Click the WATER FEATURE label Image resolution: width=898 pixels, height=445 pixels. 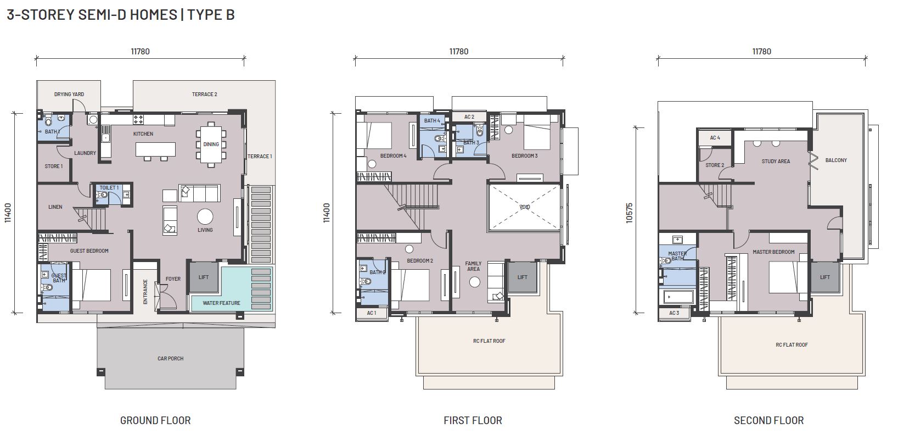pos(221,303)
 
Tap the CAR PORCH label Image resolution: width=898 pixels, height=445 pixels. pos(170,358)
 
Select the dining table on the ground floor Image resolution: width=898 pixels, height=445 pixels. pos(211,144)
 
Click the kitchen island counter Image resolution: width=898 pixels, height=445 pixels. pos(155,149)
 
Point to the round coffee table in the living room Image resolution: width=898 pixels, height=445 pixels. pos(205,216)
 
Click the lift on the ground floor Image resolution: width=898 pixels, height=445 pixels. pos(203,277)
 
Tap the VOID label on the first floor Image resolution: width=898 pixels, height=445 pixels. pos(524,207)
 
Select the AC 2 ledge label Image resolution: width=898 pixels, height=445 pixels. pos(469,117)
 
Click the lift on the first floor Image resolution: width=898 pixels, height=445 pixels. pos(522,277)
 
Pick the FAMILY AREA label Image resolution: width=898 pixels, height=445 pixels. pos(474,266)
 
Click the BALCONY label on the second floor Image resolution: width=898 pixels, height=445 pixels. pos(836,160)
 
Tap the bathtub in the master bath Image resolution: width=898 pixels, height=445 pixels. pos(678,297)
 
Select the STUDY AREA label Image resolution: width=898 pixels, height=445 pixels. pos(776,162)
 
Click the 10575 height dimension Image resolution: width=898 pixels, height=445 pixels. pos(629,213)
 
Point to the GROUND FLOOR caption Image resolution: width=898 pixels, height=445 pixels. pos(155,420)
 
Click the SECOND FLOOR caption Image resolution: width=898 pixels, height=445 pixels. pos(769,420)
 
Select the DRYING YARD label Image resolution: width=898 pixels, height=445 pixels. pos(69,94)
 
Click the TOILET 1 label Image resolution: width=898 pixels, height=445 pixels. pos(109,188)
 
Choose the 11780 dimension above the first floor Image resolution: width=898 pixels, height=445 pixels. pos(459,51)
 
